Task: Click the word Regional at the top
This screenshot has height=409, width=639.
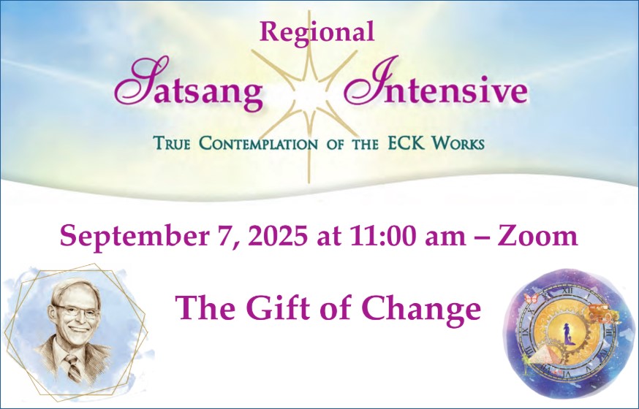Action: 317,33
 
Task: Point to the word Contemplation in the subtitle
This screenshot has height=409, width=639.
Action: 258,143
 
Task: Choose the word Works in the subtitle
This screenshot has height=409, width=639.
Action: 458,143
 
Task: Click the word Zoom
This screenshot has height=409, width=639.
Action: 537,236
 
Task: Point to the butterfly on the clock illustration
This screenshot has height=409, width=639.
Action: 531,298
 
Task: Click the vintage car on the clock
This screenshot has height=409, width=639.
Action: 598,313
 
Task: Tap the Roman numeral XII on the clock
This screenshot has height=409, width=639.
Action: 567,291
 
